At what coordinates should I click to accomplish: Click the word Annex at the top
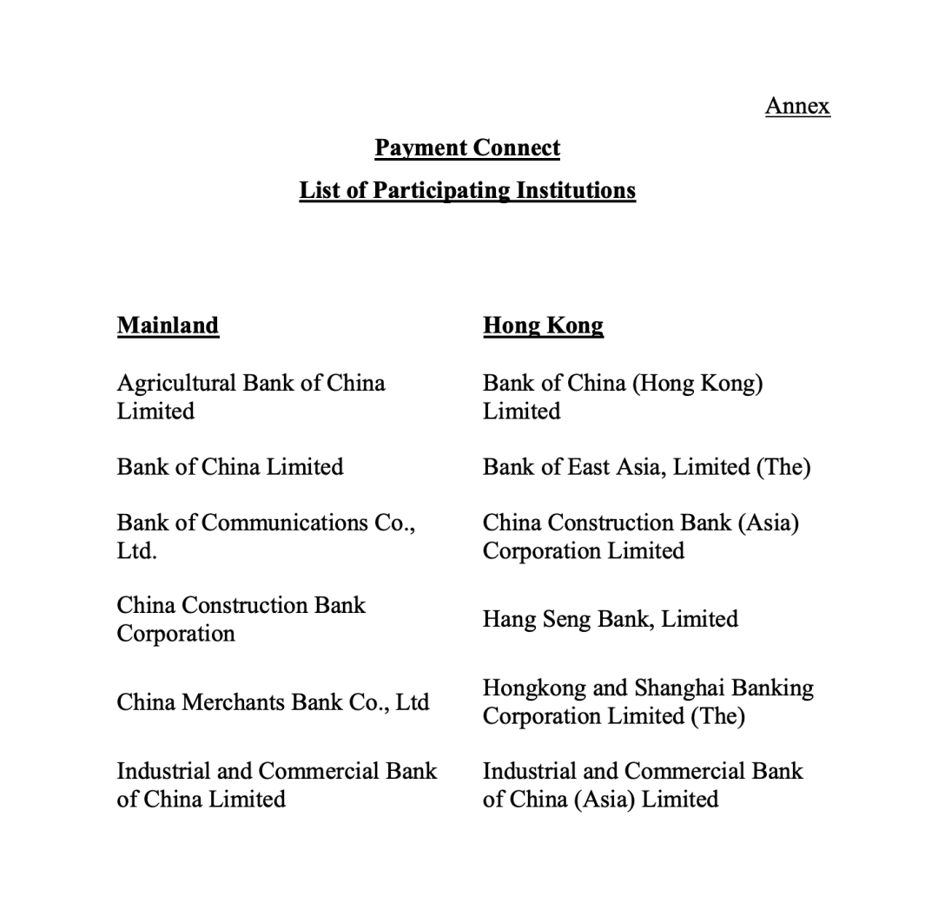pyautogui.click(x=797, y=106)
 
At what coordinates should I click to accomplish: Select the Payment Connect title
pyautogui.click(x=467, y=148)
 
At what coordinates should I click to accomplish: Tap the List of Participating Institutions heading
pyautogui.click(x=467, y=190)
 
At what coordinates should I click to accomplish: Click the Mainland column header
pyautogui.click(x=168, y=326)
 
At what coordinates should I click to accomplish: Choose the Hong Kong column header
pyautogui.click(x=543, y=326)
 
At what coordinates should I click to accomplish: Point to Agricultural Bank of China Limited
pyautogui.click(x=251, y=397)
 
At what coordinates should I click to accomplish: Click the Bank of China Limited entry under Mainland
pyautogui.click(x=230, y=467)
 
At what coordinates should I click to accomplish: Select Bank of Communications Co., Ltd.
pyautogui.click(x=266, y=537)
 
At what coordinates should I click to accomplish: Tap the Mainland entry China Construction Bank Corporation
pyautogui.click(x=241, y=619)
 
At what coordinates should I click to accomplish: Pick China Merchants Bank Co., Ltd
pyautogui.click(x=273, y=702)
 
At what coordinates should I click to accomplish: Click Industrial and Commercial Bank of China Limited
pyautogui.click(x=277, y=785)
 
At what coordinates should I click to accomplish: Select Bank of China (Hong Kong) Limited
pyautogui.click(x=623, y=397)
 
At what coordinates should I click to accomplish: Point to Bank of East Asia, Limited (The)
pyautogui.click(x=646, y=467)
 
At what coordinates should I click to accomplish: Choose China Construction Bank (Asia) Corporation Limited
pyautogui.click(x=641, y=537)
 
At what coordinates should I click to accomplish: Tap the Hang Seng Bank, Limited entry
pyautogui.click(x=611, y=619)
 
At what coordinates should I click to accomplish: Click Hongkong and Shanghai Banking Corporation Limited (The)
pyautogui.click(x=648, y=702)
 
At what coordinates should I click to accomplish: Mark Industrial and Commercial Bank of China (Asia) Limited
pyautogui.click(x=643, y=785)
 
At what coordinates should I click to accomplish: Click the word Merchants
pyautogui.click(x=232, y=702)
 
